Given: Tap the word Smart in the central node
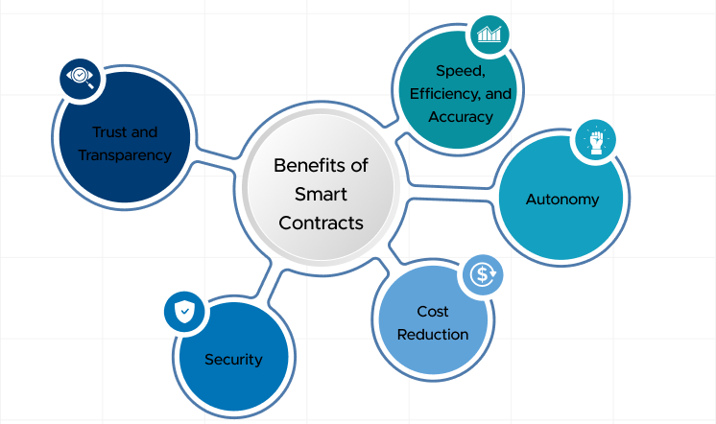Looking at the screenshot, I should (321, 194).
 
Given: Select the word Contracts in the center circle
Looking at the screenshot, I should (321, 223).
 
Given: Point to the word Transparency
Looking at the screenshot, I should (125, 154).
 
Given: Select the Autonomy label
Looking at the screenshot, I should (562, 200).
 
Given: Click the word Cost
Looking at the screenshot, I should (433, 312).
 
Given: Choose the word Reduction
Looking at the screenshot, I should (433, 335).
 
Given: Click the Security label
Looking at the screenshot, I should (233, 360).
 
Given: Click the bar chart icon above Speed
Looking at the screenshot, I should (489, 35).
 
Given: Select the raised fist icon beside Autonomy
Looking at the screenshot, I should (595, 141).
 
